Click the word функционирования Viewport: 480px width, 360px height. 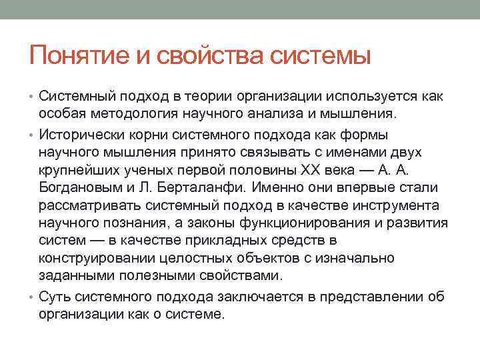tap(315, 222)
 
